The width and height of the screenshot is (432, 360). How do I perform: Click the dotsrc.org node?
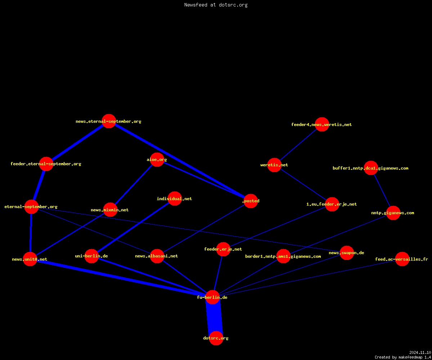(x=216, y=338)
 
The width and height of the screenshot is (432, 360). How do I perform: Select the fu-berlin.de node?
(x=212, y=297)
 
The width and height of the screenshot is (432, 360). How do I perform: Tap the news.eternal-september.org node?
(x=109, y=121)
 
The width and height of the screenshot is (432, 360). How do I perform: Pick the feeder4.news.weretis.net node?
(x=322, y=124)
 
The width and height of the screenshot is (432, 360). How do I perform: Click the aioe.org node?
(x=157, y=159)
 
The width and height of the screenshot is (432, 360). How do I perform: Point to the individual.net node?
(x=175, y=199)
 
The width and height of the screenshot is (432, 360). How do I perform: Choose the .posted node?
(x=251, y=201)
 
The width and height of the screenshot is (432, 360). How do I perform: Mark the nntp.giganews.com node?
(x=393, y=213)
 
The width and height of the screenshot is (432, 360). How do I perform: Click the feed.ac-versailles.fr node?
(x=402, y=259)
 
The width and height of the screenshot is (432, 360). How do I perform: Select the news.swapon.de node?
(x=347, y=253)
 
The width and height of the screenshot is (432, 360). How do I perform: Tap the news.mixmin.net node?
(x=110, y=210)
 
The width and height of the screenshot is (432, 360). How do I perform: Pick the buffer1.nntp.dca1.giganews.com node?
(x=371, y=168)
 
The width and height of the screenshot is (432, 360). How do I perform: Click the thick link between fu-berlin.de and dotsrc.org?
(x=214, y=318)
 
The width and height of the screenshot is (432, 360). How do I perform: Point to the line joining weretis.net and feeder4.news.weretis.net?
(x=298, y=145)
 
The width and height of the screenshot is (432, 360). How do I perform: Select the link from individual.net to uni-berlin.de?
(x=133, y=228)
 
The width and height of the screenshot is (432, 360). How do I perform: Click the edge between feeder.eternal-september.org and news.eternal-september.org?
(x=78, y=143)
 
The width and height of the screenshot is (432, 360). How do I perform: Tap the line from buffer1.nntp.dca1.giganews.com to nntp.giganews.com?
(x=382, y=190)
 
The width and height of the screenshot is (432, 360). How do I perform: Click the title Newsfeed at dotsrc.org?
(x=216, y=5)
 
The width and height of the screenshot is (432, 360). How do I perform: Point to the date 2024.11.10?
(x=420, y=352)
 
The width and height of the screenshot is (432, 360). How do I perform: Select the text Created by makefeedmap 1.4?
(x=403, y=357)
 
